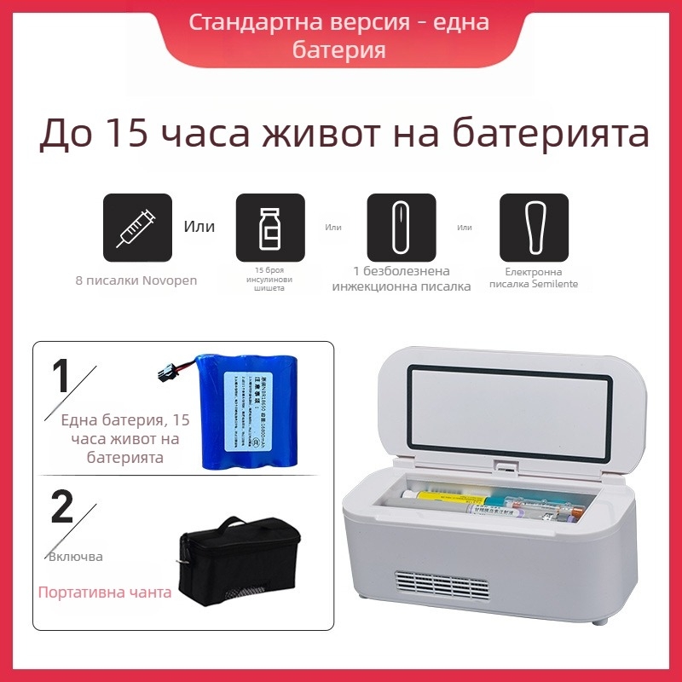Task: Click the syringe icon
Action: point(137,228)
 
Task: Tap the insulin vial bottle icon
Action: point(269,228)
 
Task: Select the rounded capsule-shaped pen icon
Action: point(401,228)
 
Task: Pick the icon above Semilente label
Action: point(534,228)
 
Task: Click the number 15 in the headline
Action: point(130,134)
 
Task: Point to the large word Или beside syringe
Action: point(199,227)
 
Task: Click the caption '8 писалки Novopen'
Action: point(136,280)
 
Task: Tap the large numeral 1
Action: point(61,376)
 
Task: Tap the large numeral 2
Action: point(62,506)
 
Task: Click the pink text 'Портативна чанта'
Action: point(104,592)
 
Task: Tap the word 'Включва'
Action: point(75,557)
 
